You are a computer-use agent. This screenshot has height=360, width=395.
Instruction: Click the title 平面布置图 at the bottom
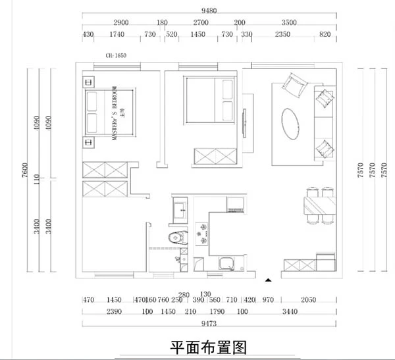click(x=208, y=347)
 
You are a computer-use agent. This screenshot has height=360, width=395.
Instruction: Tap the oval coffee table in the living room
click(x=293, y=122)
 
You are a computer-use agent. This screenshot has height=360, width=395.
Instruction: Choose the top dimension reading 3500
click(x=289, y=22)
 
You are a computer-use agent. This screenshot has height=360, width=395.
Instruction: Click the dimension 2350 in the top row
click(x=283, y=35)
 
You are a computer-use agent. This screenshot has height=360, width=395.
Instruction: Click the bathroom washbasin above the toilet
click(x=180, y=210)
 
